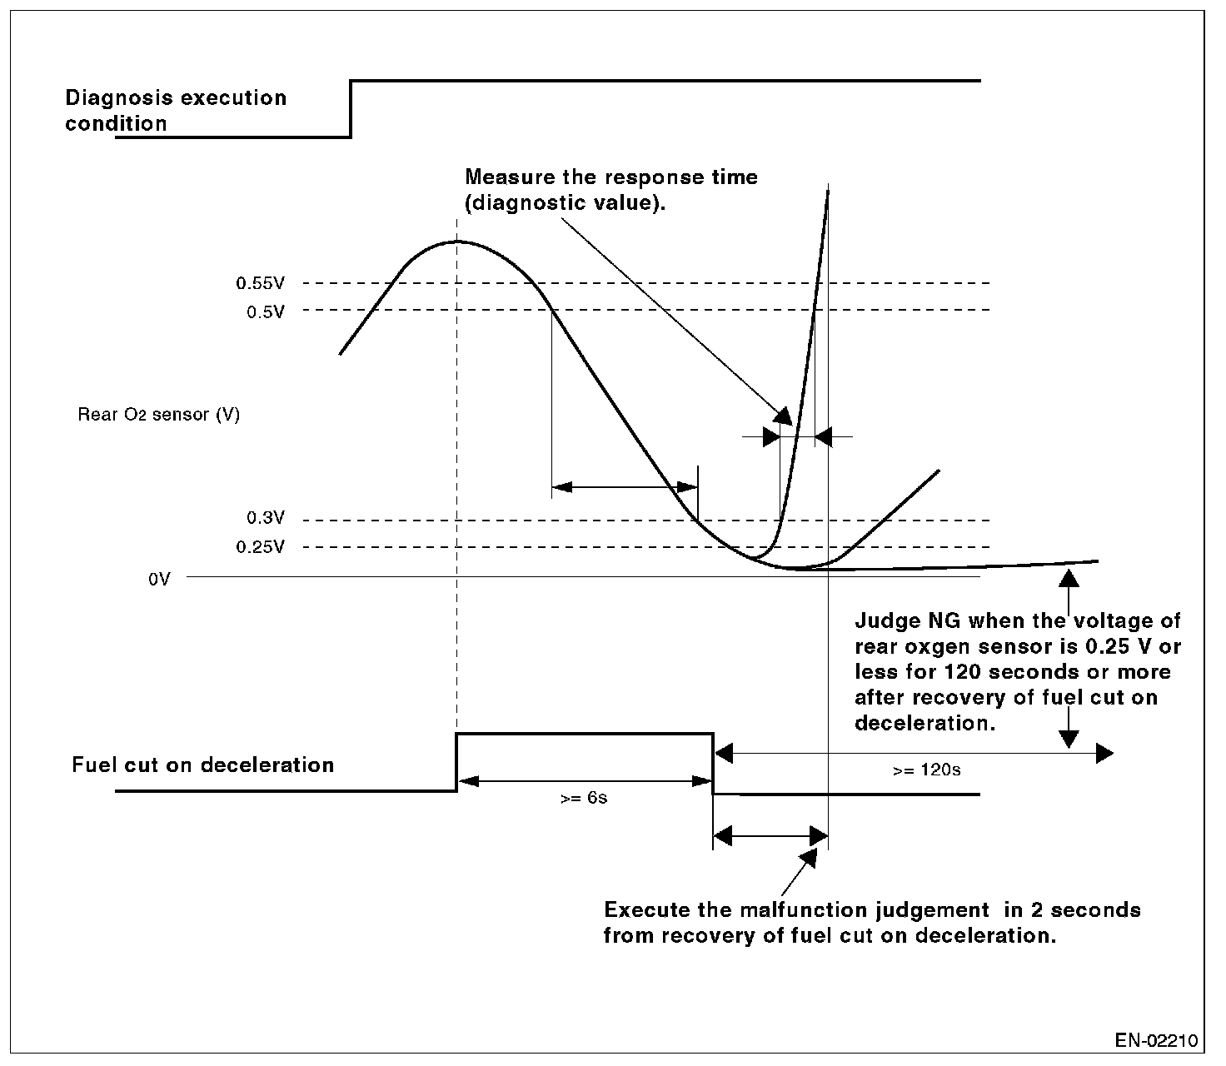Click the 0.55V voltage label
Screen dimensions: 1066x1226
(260, 283)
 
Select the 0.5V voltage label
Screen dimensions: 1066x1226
(265, 311)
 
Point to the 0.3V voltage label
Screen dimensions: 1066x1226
(265, 518)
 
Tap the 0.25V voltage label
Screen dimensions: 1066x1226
(260, 547)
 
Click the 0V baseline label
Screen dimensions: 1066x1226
(159, 580)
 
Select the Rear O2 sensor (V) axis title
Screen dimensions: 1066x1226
(158, 415)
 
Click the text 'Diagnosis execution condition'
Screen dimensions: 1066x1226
(175, 111)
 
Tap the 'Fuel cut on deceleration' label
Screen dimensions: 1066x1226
(202, 765)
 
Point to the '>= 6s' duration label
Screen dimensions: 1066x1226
(584, 798)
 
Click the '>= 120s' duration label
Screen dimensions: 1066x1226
(926, 770)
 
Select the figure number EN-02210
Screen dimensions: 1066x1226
(1156, 1040)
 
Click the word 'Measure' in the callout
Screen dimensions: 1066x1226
(505, 177)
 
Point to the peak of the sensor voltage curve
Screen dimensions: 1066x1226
(456, 242)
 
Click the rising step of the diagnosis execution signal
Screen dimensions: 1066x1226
(351, 108)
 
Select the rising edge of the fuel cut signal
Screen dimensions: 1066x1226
(456, 762)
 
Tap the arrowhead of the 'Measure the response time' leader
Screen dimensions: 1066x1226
(783, 415)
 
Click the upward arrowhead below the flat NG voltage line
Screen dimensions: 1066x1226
(1069, 576)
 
